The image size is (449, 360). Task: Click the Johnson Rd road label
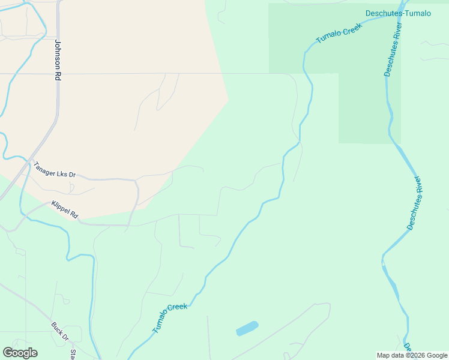tap(58, 61)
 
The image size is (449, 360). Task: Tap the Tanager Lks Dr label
tap(55, 170)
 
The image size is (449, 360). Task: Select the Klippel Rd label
tap(65, 208)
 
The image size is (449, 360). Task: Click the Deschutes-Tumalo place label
tap(398, 13)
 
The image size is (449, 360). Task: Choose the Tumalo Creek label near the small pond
tap(170, 318)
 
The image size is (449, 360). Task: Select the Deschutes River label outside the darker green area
tap(415, 203)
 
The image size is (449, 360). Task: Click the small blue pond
tap(247, 328)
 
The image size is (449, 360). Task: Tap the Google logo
tap(20, 353)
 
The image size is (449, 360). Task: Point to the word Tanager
tap(45, 167)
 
